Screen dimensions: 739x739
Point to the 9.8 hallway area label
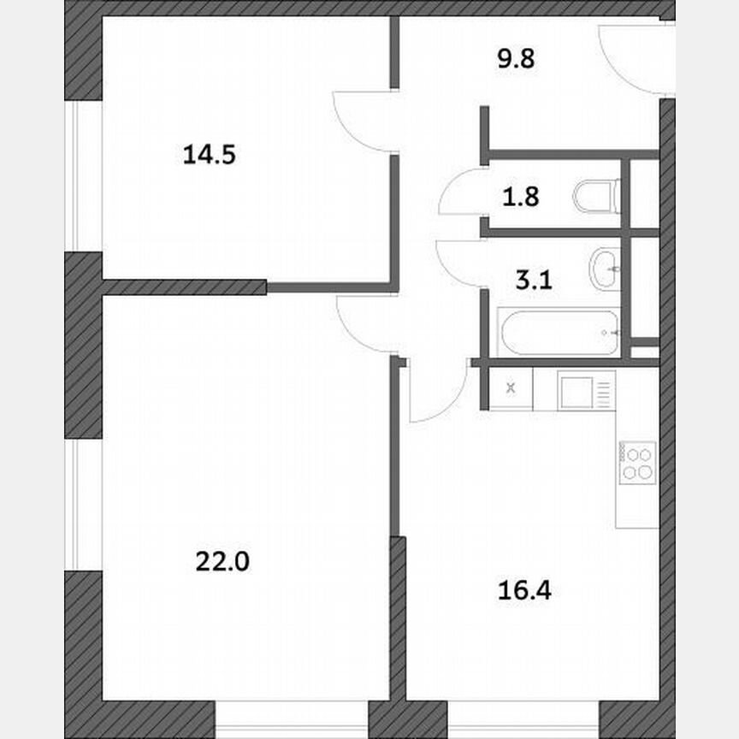(x=517, y=61)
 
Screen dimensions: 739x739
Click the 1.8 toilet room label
(x=520, y=198)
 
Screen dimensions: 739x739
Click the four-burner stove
(x=638, y=463)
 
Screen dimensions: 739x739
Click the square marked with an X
(x=511, y=388)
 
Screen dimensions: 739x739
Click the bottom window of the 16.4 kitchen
(x=522, y=720)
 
